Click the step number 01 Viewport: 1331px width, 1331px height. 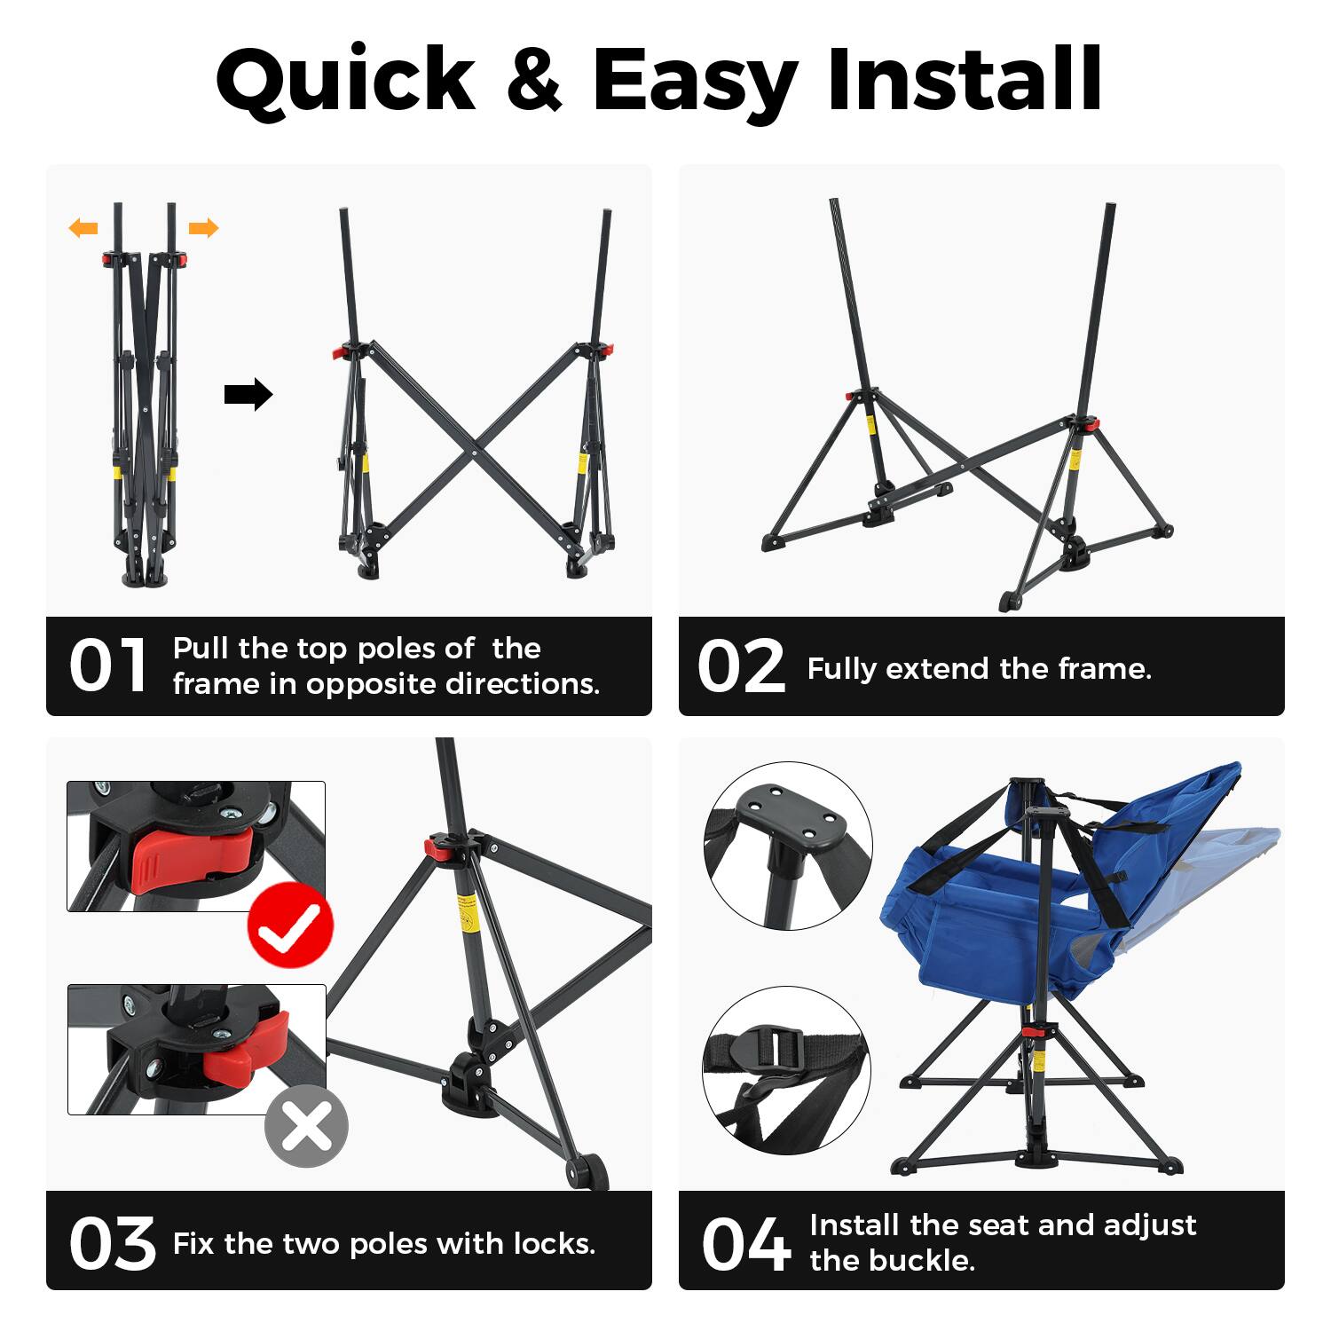[108, 665]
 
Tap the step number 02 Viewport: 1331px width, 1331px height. [741, 666]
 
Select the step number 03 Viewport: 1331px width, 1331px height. [112, 1243]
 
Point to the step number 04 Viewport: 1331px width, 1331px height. [745, 1243]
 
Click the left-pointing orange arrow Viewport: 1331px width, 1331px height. [83, 229]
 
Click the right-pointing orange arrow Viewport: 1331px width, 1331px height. [203, 229]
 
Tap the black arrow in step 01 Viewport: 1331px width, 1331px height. [248, 394]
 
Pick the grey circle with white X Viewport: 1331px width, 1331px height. [306, 1126]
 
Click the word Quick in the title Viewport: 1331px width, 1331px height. [346, 80]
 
